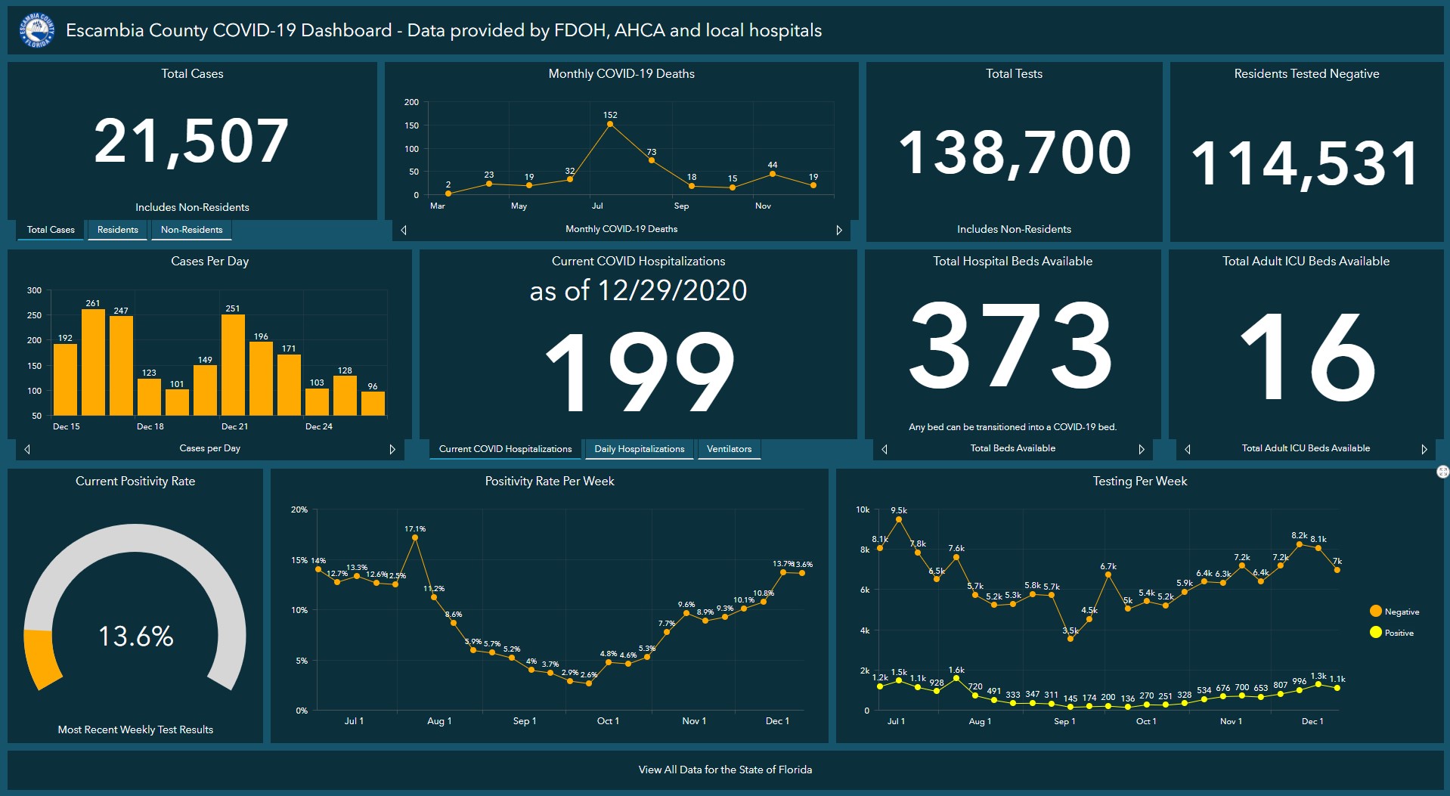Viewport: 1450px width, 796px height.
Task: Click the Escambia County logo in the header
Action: tap(36, 30)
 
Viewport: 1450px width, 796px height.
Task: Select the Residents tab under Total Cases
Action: tap(118, 230)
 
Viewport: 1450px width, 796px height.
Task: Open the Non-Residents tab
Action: tap(191, 230)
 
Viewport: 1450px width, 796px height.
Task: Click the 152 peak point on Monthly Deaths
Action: tap(610, 125)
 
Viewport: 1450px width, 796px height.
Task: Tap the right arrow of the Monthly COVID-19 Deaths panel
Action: tap(838, 230)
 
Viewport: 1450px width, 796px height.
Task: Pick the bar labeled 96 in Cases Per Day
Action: tap(373, 403)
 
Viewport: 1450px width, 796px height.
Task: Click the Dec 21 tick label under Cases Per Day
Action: tap(234, 426)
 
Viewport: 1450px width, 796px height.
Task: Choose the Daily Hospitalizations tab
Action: tap(639, 449)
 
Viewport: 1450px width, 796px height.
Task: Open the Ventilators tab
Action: tap(729, 449)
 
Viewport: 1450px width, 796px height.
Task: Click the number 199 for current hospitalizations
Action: tap(639, 372)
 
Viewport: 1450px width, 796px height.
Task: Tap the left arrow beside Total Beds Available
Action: tap(885, 449)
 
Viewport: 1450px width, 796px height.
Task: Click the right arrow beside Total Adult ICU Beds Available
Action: tap(1424, 449)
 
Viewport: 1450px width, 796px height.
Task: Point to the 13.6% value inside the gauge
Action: tap(136, 636)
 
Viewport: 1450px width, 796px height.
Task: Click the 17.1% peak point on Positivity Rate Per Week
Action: tap(415, 537)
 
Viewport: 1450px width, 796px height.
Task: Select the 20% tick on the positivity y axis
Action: tap(299, 510)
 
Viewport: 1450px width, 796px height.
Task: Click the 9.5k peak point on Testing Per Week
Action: tap(899, 519)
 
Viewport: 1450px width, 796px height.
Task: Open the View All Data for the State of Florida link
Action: tap(725, 770)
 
